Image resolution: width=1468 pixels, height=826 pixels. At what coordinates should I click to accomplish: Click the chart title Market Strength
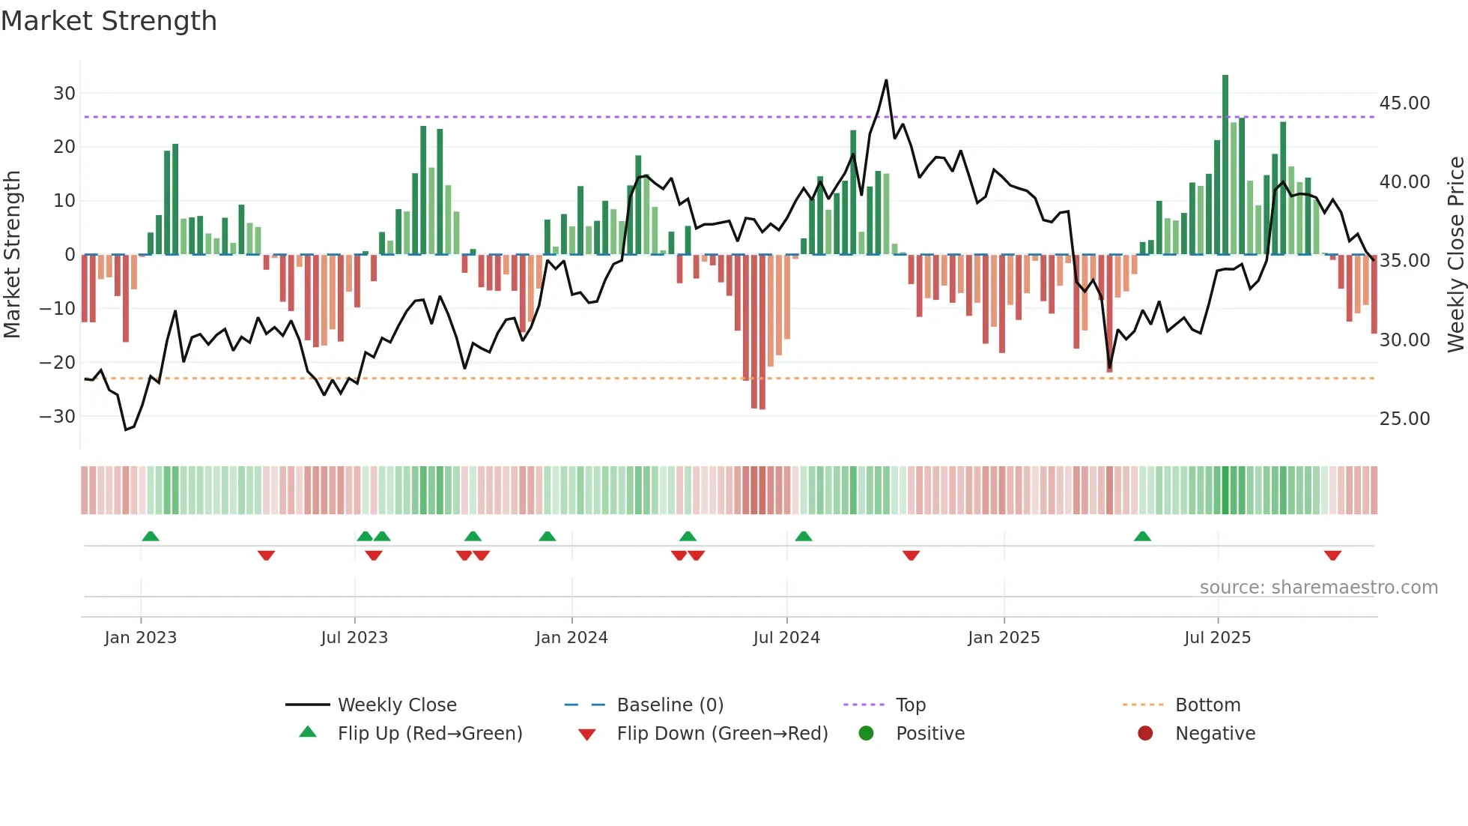[x=109, y=21]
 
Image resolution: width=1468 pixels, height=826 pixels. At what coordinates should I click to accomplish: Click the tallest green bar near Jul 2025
[x=1225, y=165]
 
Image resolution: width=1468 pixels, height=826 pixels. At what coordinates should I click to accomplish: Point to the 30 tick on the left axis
[x=64, y=94]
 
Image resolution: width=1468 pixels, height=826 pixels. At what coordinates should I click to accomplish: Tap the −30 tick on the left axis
[x=58, y=417]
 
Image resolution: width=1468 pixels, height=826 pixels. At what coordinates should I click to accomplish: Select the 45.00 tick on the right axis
[x=1404, y=103]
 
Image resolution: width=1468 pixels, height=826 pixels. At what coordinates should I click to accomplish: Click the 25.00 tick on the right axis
[x=1404, y=419]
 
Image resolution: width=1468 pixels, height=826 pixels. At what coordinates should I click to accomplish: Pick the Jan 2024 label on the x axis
[x=571, y=638]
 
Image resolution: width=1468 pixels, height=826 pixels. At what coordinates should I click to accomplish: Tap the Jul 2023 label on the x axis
[x=354, y=638]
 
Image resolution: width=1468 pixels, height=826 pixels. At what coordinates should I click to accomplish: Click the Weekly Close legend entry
[x=396, y=705]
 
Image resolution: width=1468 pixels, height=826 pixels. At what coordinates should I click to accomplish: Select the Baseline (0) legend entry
[x=670, y=705]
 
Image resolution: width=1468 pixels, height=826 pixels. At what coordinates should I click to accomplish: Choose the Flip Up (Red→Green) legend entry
[x=429, y=734]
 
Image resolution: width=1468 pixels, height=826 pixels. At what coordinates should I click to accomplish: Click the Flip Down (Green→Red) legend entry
[x=722, y=734]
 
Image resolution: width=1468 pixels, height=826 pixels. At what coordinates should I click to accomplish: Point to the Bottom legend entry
[x=1207, y=705]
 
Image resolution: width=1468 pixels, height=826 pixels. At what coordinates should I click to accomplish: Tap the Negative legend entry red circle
[x=1145, y=734]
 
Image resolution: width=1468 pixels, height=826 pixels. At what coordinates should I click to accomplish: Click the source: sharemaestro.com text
[x=1318, y=588]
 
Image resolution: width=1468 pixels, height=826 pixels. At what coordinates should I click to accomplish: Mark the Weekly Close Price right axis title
[x=1455, y=255]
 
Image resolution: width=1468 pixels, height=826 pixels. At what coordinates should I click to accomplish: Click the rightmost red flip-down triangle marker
[x=1332, y=555]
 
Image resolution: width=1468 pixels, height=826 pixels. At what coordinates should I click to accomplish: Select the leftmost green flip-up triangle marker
[x=151, y=536]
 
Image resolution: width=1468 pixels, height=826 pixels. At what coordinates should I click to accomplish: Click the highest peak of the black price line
[x=886, y=80]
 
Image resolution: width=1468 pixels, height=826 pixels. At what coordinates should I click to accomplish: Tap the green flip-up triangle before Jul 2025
[x=1142, y=536]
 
